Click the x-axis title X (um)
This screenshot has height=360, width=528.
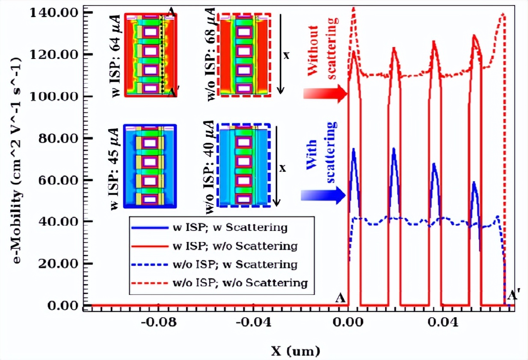click(296, 352)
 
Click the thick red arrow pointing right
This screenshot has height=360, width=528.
click(325, 94)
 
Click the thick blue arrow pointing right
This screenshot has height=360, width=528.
click(323, 195)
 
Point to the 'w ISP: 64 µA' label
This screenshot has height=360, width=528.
click(116, 56)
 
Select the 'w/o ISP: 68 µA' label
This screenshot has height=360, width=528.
click(211, 56)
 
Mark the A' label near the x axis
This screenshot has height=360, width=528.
click(511, 296)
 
